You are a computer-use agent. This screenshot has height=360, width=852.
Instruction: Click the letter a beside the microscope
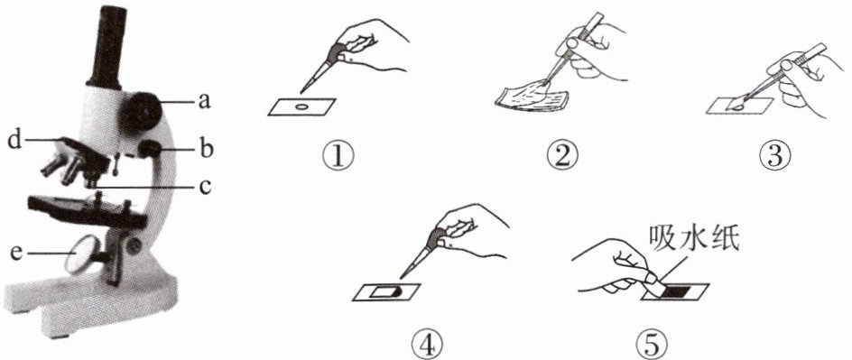point(204,101)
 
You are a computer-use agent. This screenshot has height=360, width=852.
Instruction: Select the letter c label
point(204,187)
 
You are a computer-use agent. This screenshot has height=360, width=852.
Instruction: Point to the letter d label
point(14,141)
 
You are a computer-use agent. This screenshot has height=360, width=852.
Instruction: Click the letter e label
point(17,253)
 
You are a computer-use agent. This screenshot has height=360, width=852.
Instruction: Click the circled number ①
point(338,157)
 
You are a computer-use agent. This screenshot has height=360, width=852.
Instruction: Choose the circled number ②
point(561,156)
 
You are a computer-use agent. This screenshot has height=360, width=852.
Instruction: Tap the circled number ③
point(775,156)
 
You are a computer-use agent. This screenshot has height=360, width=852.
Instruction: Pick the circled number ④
point(428,343)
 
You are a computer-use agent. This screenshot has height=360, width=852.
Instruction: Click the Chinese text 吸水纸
point(693,239)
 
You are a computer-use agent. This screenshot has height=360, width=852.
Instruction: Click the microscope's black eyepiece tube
point(106,47)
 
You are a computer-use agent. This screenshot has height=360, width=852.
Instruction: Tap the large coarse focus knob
point(142,111)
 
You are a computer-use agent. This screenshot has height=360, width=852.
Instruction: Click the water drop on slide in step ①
point(300,107)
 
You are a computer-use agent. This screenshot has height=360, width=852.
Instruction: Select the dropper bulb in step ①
point(342,51)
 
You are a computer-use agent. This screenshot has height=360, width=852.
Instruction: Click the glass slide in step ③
point(739,106)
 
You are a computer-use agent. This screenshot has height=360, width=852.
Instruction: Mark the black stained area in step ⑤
point(681,291)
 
